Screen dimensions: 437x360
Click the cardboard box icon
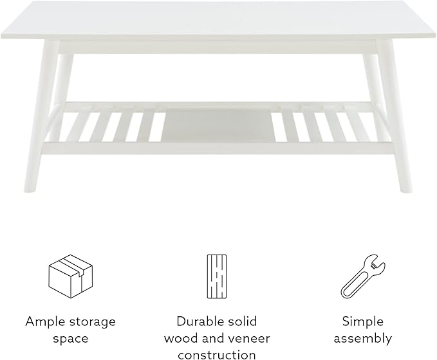click(71, 276)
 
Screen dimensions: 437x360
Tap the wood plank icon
click(217, 276)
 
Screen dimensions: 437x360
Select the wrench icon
click(363, 276)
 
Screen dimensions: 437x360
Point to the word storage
click(93, 323)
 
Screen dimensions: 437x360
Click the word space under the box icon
click(71, 339)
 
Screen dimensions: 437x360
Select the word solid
click(243, 321)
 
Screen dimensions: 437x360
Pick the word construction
click(217, 355)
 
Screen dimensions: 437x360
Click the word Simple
click(363, 322)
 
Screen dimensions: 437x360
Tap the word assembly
click(363, 339)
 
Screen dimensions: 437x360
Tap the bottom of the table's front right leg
click(406, 190)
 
